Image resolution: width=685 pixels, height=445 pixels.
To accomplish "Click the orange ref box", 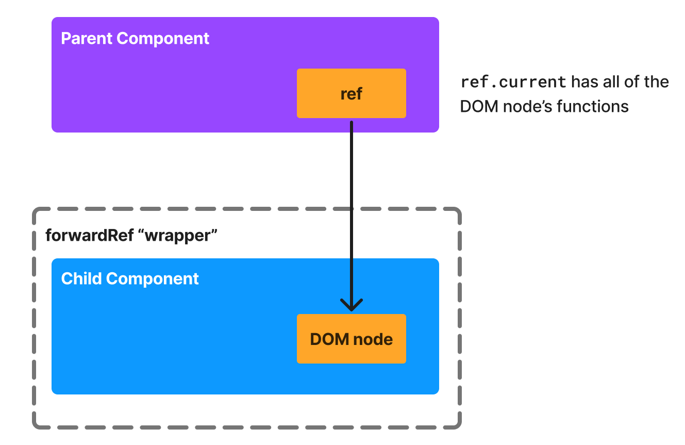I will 351,93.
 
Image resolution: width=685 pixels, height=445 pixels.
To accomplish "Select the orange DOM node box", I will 351,339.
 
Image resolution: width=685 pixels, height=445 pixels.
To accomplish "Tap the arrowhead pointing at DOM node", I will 351,305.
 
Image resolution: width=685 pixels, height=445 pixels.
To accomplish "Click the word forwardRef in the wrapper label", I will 92,236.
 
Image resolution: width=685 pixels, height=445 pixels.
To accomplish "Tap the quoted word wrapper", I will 181,236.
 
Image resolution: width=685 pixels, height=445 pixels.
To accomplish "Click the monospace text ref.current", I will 513,82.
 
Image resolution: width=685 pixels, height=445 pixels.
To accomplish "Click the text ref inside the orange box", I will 351,94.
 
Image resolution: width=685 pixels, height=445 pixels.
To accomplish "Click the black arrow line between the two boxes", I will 351,206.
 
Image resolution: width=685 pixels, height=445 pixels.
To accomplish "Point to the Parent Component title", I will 135,39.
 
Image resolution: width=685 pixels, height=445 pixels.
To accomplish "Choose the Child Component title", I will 130,278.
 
